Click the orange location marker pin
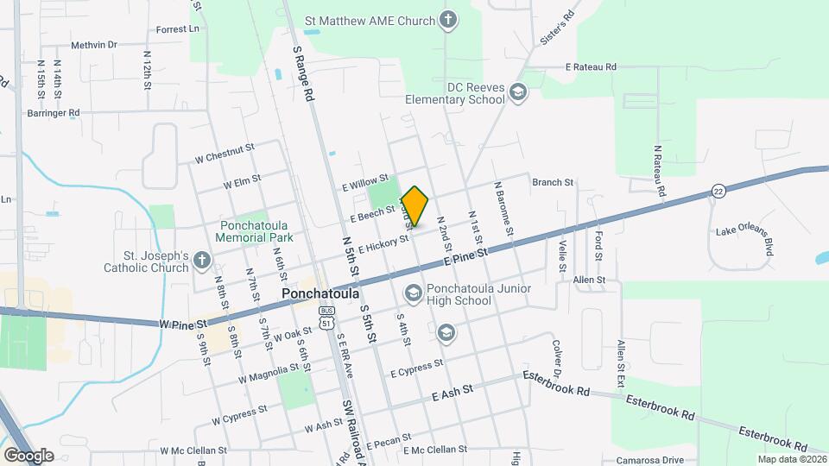(415, 206)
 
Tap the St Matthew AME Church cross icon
(447, 19)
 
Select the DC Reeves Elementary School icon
(517, 92)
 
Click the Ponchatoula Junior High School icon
(413, 294)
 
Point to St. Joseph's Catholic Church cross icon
(201, 261)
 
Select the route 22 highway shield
(718, 191)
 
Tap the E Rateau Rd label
(591, 66)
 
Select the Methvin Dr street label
(94, 44)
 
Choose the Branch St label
(553, 182)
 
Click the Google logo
(28, 455)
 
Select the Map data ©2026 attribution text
(792, 459)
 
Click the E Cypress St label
(416, 368)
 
